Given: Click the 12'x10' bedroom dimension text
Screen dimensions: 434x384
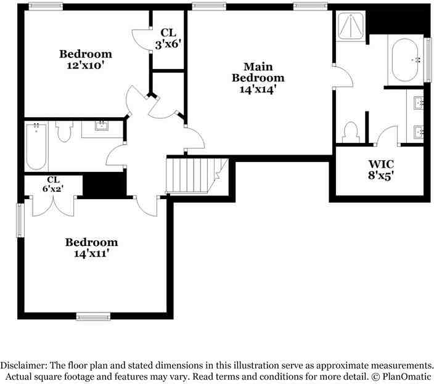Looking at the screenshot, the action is [x=85, y=65].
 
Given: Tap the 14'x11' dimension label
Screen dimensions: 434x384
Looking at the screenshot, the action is [x=90, y=254].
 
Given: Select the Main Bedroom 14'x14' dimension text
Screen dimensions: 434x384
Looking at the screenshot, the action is [x=258, y=89].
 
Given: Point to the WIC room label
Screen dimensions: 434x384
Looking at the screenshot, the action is [x=381, y=164].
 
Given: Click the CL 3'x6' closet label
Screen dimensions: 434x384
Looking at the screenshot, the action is [x=168, y=38].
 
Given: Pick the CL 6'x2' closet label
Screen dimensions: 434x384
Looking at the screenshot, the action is [x=53, y=184].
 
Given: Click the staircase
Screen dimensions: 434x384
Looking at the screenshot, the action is [x=197, y=175].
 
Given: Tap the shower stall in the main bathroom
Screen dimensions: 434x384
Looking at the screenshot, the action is [x=351, y=26].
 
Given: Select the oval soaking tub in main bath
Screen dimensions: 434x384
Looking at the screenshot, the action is [x=405, y=60].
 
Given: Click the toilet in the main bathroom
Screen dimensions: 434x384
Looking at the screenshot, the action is [x=350, y=132].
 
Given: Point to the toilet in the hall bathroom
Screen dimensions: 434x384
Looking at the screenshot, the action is [x=64, y=131].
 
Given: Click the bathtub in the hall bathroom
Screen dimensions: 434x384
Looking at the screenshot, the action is [x=36, y=147].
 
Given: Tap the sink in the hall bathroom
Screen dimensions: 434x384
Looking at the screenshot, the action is [x=102, y=125].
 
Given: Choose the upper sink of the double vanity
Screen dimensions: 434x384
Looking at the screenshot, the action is [x=418, y=103].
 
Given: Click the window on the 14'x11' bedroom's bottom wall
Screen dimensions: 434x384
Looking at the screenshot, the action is [x=93, y=316].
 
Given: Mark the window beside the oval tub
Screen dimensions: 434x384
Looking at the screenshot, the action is [x=428, y=60].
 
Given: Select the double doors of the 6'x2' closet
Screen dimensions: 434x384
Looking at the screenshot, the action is [x=53, y=206].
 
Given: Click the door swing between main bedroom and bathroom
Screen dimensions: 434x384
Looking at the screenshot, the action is [x=343, y=76].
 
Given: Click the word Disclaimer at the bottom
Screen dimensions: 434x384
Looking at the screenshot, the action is [x=23, y=365].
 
